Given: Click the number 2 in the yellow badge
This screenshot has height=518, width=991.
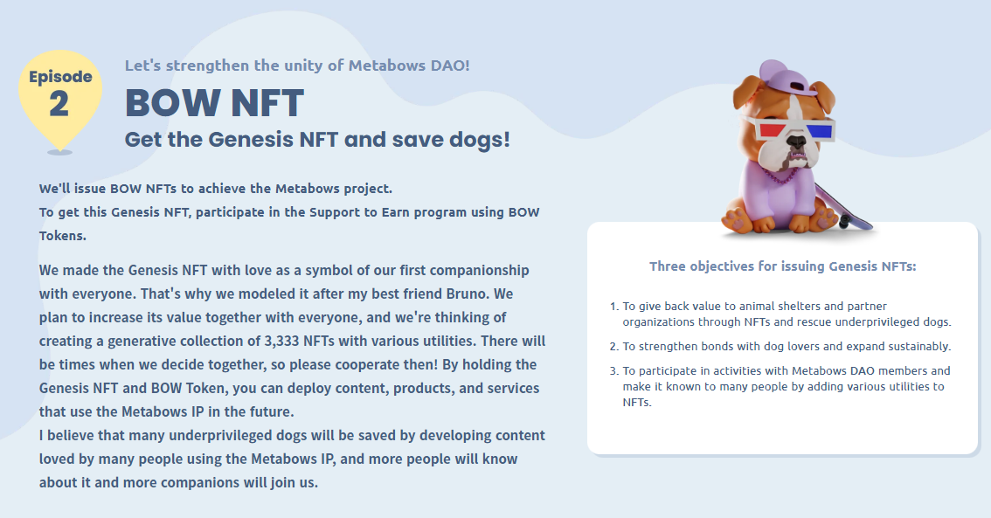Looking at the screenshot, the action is pos(59,104).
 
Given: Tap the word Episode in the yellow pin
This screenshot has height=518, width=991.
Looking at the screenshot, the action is pos(60,77).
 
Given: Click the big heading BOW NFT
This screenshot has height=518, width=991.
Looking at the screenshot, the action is pos(214,102).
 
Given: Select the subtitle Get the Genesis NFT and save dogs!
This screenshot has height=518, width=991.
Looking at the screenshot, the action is pos(317,139).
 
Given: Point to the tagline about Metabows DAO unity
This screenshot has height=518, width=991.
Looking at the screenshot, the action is pos(297,65).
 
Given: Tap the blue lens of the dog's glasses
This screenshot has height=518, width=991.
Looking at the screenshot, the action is pos(820,131).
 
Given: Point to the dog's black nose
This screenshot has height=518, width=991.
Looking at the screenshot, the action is pos(797,142).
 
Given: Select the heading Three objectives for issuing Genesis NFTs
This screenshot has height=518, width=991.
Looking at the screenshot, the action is pos(782,266).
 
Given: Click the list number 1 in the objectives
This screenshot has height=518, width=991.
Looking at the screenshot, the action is pos(613,307).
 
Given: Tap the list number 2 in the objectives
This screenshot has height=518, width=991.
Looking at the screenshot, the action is pos(613,347).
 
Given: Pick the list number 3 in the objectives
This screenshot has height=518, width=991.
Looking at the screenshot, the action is pos(613,371).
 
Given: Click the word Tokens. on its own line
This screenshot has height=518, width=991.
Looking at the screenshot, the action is pos(63,236).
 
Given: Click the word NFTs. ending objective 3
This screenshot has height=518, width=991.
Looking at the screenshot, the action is pos(637,403).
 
